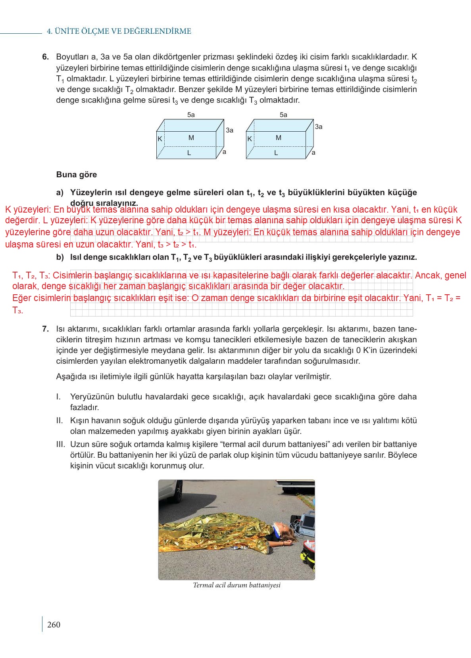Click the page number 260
pos(54,625)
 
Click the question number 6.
pos(45,57)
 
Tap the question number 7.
pos(45,329)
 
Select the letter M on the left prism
pos(191,138)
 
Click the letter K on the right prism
pos(250,139)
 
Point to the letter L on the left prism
pos(189,153)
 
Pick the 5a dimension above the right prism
pos(283,115)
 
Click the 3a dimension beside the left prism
pos(229,130)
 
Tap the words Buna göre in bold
pos(77,175)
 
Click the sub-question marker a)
pos(60,193)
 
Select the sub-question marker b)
pos(60,257)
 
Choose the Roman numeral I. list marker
pos(58,397)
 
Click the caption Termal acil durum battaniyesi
pos(236,585)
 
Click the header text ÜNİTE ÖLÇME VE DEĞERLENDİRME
pos(119,31)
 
